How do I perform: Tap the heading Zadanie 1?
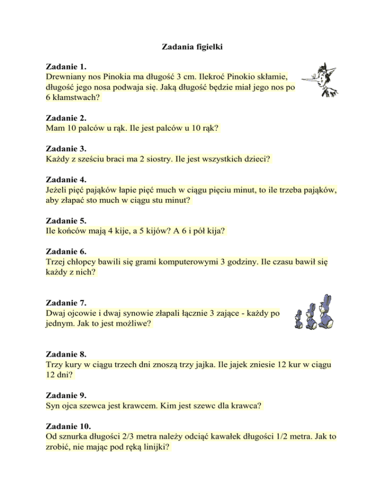click(x=66, y=66)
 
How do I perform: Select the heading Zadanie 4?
click(x=66, y=179)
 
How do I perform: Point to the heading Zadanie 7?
click(x=66, y=303)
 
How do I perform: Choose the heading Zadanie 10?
click(x=68, y=426)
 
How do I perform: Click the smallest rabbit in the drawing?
click(x=299, y=320)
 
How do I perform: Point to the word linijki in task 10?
click(x=153, y=448)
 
